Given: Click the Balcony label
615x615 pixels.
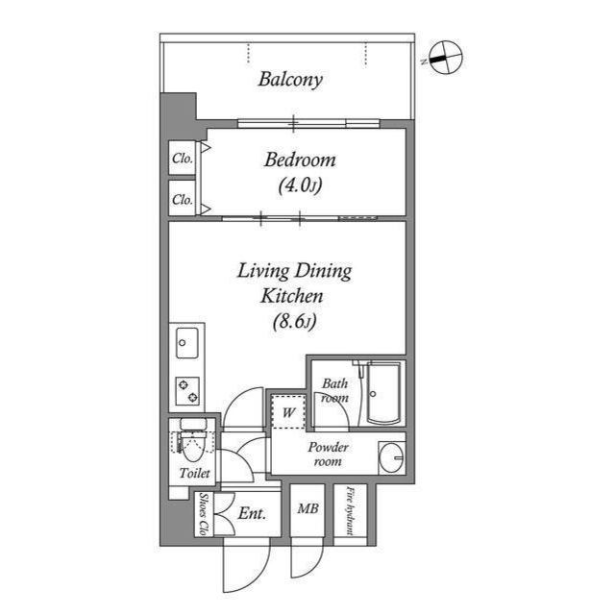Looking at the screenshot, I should [x=289, y=80].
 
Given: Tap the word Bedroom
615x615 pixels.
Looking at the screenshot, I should [x=300, y=160].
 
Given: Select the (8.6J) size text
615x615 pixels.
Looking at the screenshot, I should [x=293, y=323].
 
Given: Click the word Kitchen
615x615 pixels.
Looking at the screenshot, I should [x=294, y=297].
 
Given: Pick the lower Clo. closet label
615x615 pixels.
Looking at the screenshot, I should [x=182, y=201].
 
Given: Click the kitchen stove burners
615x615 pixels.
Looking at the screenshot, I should [x=187, y=390].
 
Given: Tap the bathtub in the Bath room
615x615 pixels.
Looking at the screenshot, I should [x=383, y=394].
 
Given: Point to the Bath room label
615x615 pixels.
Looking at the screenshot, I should [x=333, y=390].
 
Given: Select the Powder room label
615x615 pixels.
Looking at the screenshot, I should [x=328, y=455].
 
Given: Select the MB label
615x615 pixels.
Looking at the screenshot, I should [x=307, y=509].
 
